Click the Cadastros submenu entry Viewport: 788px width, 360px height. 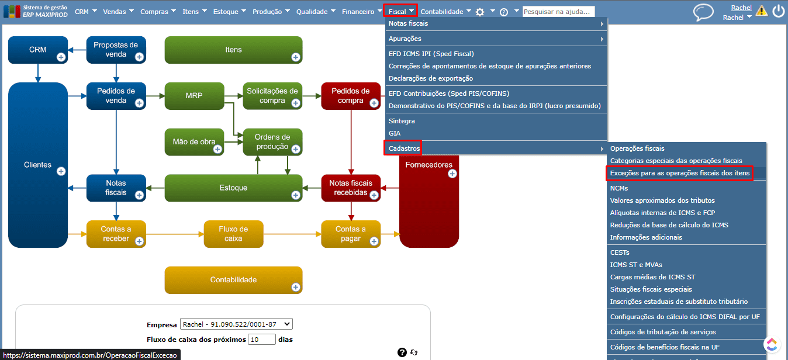pyautogui.click(x=404, y=148)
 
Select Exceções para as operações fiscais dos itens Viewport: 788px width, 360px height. pyautogui.click(x=679, y=173)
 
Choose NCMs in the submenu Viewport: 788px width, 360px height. pyautogui.click(x=619, y=188)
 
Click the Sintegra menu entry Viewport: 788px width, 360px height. pyautogui.click(x=402, y=121)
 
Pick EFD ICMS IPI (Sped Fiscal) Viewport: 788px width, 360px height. pyautogui.click(x=431, y=54)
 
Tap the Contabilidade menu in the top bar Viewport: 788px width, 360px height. pyautogui.click(x=442, y=12)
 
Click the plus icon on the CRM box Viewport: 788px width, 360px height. pyautogui.click(x=61, y=57)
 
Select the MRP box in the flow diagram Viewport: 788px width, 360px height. pyautogui.click(x=194, y=96)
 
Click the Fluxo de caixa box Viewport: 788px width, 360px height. pyautogui.click(x=233, y=234)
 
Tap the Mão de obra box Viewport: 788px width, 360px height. pyautogui.click(x=194, y=142)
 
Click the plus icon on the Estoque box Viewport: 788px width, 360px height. pyautogui.click(x=296, y=195)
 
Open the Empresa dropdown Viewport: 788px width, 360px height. pyautogui.click(x=236, y=324)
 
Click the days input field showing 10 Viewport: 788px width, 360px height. pyautogui.click(x=261, y=339)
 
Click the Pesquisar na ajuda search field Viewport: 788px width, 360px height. pyautogui.click(x=558, y=12)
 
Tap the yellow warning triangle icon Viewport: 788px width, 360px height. pyautogui.click(x=762, y=11)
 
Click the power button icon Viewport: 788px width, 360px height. pyautogui.click(x=778, y=11)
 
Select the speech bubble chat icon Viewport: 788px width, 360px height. pyautogui.click(x=703, y=12)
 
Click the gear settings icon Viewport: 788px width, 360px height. pyautogui.click(x=480, y=12)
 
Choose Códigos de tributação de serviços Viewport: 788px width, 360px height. pyautogui.click(x=663, y=332)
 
